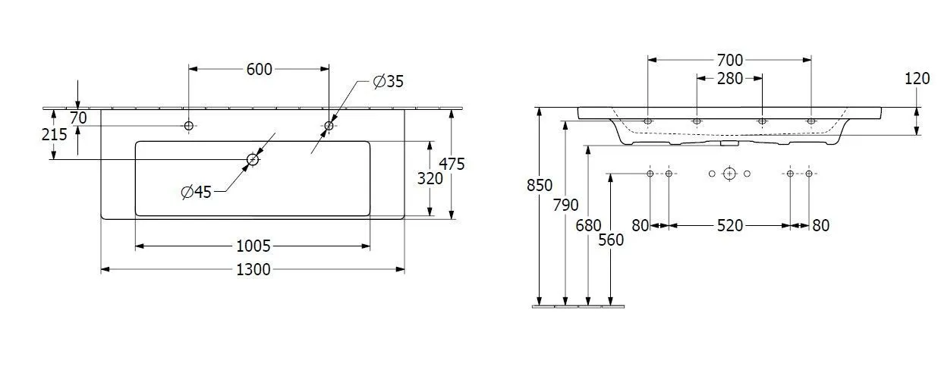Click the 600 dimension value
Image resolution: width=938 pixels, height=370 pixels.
click(x=259, y=69)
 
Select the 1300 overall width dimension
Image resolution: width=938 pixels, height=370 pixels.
click(x=253, y=269)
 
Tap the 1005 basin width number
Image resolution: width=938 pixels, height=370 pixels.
click(x=253, y=246)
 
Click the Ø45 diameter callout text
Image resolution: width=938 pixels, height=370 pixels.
click(x=196, y=193)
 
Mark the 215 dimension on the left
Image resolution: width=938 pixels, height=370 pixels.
click(x=55, y=134)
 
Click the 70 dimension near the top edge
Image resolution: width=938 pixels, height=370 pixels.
click(x=78, y=118)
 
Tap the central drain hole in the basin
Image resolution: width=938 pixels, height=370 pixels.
click(x=253, y=159)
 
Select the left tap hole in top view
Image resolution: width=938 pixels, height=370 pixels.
click(x=188, y=125)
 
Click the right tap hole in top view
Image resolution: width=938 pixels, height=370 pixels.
click(x=329, y=125)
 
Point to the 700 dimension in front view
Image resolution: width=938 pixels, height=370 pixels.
click(x=729, y=60)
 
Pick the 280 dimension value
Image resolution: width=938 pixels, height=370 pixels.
click(x=729, y=79)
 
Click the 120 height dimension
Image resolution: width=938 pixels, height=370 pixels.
click(x=917, y=77)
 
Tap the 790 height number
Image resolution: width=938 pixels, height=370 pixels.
click(x=566, y=205)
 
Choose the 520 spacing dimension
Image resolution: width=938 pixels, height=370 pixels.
click(x=729, y=225)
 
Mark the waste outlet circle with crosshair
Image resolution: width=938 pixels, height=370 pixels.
click(x=729, y=174)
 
